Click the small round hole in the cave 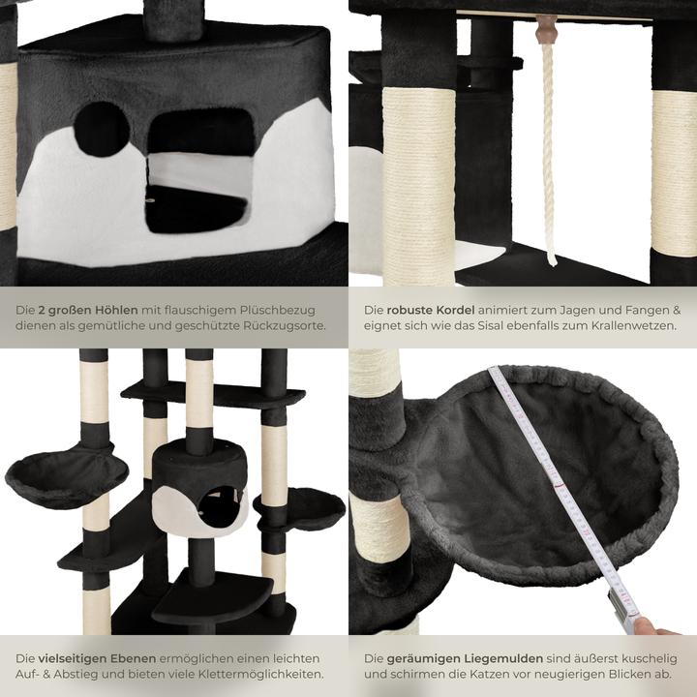point(102,129)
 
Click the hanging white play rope point(549,155)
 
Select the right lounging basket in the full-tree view point(302,505)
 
